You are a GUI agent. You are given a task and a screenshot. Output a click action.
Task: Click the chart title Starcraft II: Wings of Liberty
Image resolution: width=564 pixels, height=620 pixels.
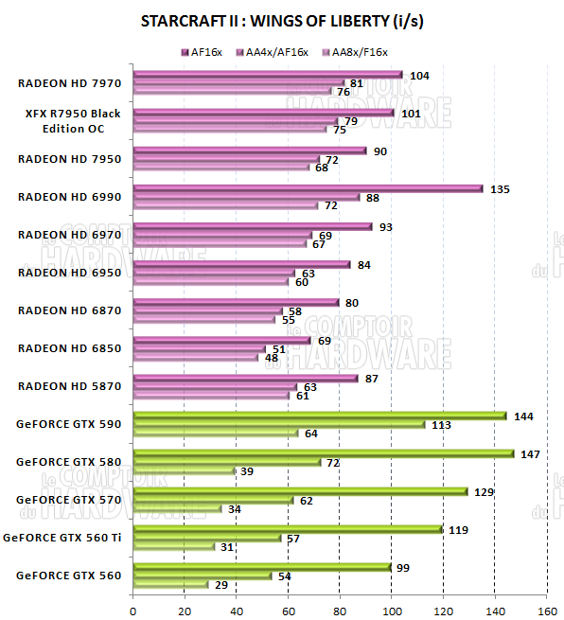(x=281, y=21)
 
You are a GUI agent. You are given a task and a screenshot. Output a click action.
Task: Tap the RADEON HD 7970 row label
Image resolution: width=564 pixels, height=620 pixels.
(x=69, y=82)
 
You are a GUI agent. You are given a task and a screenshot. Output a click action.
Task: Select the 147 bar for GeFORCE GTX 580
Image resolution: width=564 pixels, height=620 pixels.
(x=324, y=453)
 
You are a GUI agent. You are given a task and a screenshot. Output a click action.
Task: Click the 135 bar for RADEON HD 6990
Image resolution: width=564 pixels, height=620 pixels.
(x=308, y=188)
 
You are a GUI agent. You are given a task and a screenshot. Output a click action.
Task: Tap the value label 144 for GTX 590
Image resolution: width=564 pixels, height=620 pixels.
(x=523, y=416)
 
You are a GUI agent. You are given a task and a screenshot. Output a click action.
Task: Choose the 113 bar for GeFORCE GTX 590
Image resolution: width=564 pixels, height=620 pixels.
(x=279, y=424)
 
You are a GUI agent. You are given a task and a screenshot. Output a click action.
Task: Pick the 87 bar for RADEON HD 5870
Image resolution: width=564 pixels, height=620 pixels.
(x=246, y=378)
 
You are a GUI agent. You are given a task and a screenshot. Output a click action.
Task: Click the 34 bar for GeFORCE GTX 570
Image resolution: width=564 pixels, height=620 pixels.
(x=177, y=508)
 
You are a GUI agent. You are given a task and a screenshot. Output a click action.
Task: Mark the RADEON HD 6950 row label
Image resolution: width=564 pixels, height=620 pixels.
(x=69, y=272)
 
